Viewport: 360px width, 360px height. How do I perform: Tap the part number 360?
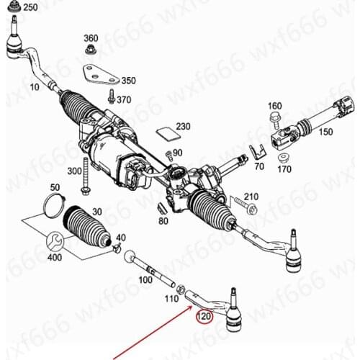pyautogui.click(x=91, y=37)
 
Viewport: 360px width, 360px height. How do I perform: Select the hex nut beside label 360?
pyautogui.click(x=91, y=50)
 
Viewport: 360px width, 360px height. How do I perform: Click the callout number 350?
pyautogui.click(x=128, y=81)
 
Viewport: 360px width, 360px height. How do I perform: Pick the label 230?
pyautogui.click(x=183, y=127)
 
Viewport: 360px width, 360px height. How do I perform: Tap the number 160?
pyautogui.click(x=274, y=106)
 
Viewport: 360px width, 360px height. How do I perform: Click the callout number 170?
pyautogui.click(x=284, y=170)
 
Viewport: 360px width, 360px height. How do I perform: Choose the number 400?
pyautogui.click(x=54, y=257)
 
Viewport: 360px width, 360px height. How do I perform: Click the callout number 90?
pyautogui.click(x=177, y=153)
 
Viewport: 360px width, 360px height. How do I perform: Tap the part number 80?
pyautogui.click(x=163, y=220)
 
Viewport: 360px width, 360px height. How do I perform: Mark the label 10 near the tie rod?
pyautogui.click(x=35, y=87)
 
